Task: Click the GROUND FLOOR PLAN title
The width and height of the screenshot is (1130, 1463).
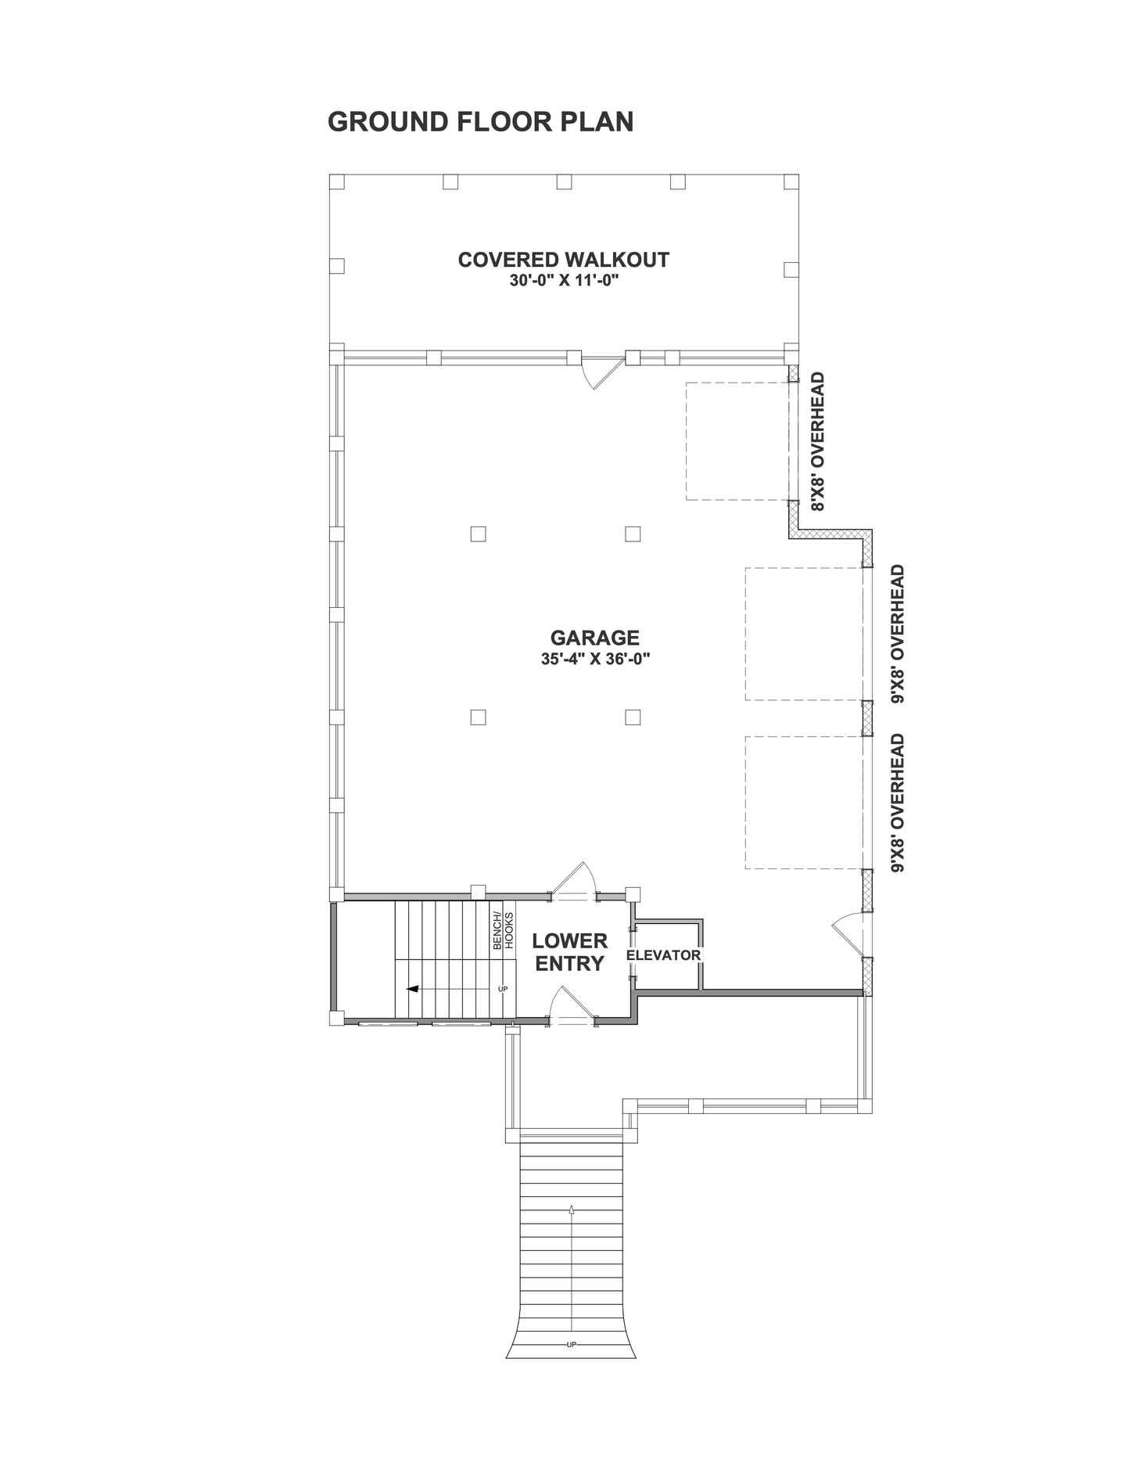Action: click(480, 122)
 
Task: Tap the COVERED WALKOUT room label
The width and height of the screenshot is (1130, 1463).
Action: click(563, 259)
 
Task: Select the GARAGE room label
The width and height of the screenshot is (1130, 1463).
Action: click(594, 638)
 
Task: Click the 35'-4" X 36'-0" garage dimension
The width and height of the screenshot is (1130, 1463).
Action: click(595, 659)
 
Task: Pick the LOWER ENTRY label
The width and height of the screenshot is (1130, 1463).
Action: click(570, 952)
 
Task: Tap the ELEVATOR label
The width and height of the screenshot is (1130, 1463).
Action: click(664, 955)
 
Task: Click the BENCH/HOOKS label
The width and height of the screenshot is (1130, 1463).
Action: click(503, 930)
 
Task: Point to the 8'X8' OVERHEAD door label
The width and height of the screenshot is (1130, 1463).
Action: click(818, 442)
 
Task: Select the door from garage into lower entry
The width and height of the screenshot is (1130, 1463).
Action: click(574, 880)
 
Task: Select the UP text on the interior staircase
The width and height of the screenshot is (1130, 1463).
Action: click(503, 989)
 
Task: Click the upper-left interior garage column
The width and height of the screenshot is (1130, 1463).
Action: click(478, 534)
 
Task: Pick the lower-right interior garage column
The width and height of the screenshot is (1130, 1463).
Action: click(633, 717)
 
